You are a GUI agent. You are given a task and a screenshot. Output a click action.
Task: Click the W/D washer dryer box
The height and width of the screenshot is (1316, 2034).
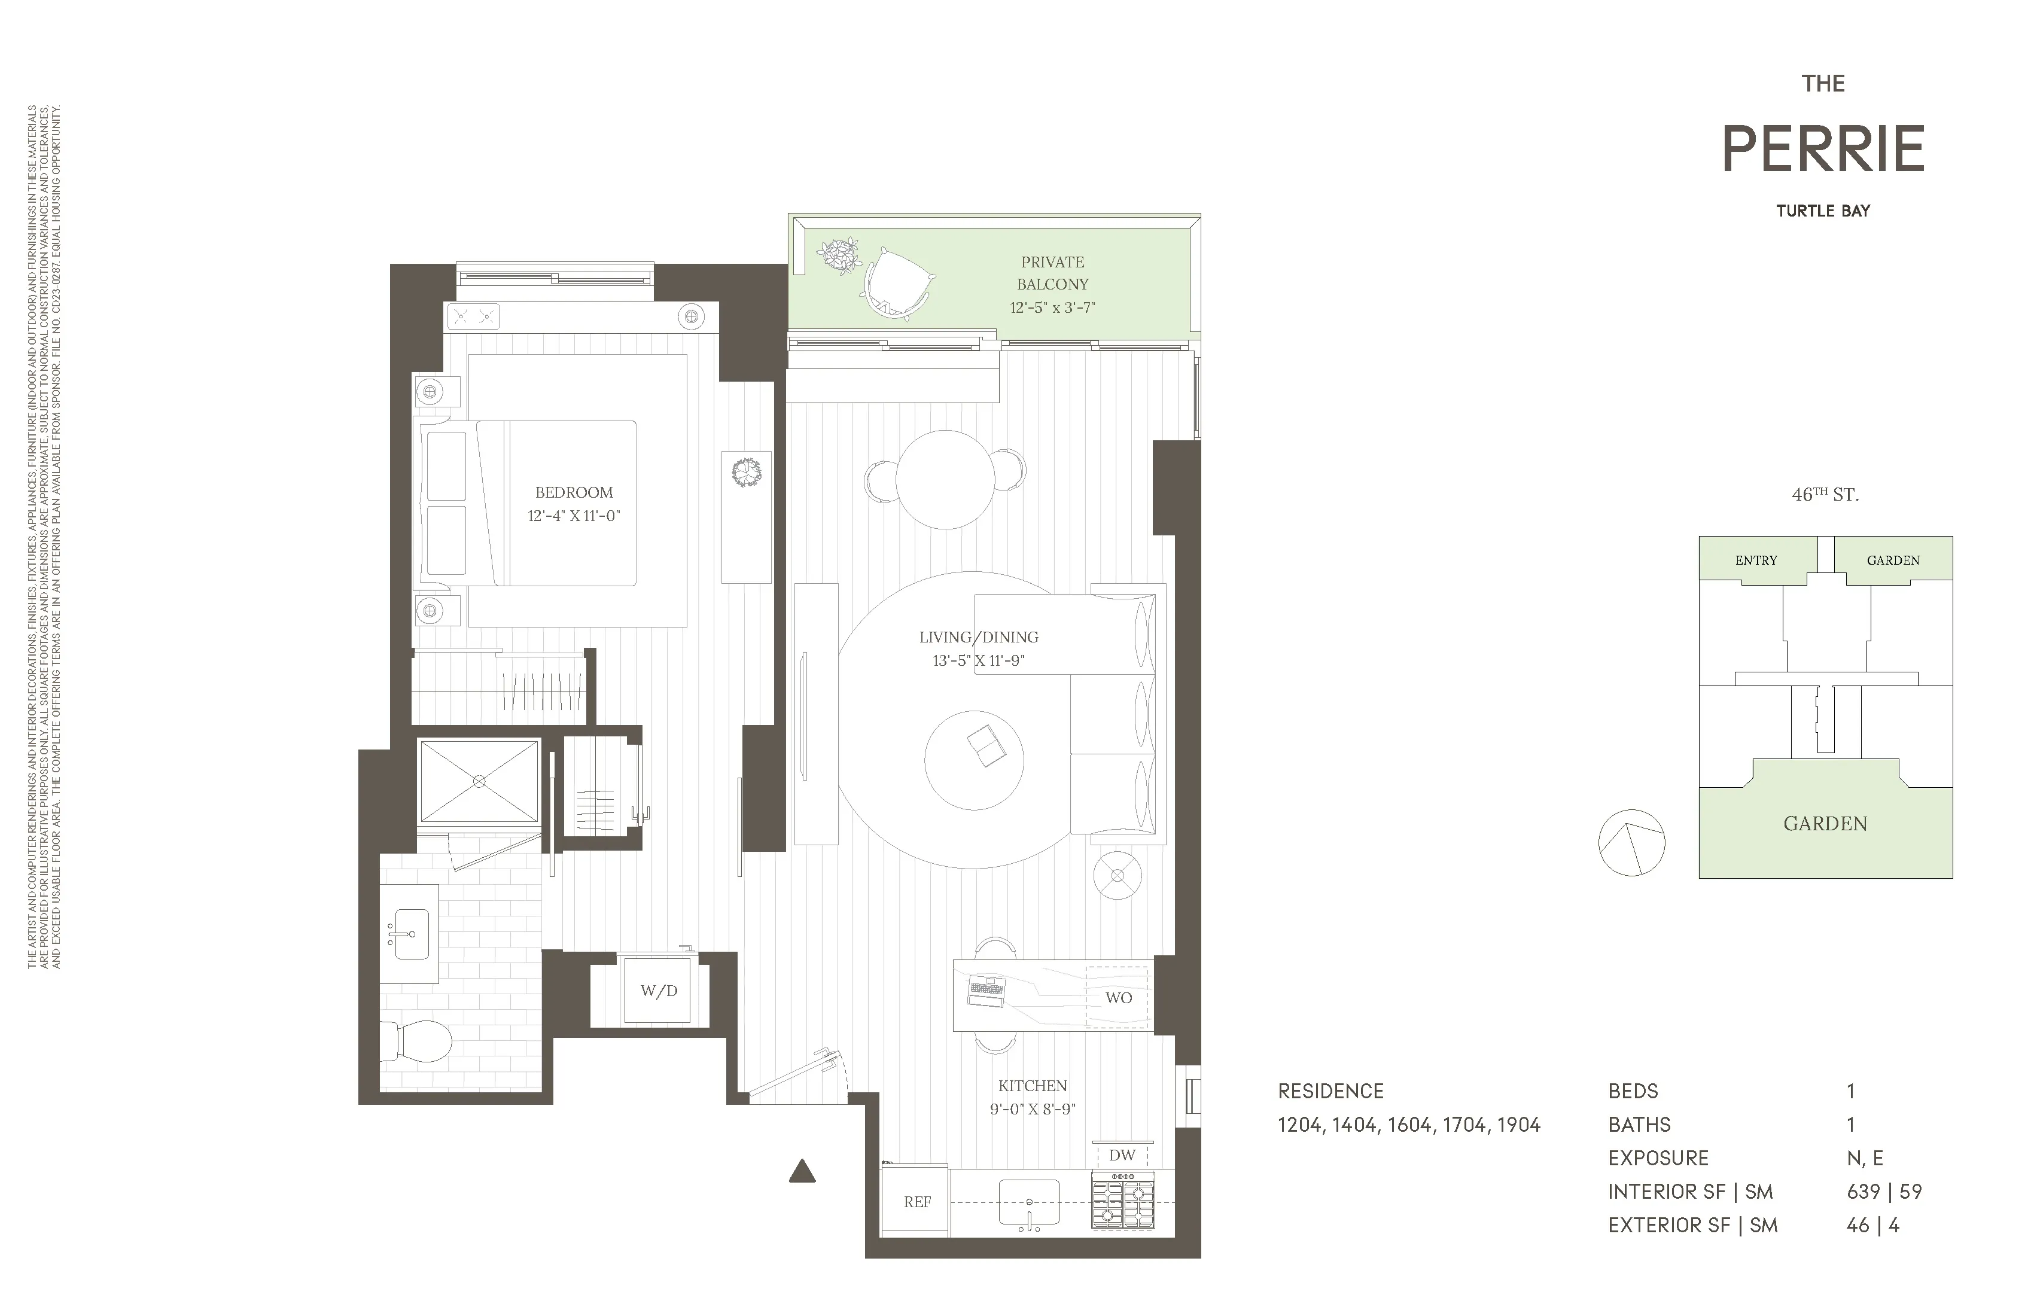pos(658,991)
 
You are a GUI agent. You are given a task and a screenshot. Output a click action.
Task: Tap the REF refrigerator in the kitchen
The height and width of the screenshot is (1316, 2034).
pos(916,1202)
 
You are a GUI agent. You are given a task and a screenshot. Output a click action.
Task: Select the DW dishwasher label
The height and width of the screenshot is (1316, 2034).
pos(1121,1155)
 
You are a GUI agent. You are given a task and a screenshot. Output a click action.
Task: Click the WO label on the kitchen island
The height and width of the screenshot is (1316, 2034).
pos(1118,997)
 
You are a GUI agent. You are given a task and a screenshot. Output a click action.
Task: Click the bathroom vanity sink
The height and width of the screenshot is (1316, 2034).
pos(410,933)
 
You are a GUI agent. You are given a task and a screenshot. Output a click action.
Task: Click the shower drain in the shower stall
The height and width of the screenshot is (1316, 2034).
pos(479,781)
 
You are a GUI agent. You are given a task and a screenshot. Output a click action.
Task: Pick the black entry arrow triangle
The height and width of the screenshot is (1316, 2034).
pos(802,1172)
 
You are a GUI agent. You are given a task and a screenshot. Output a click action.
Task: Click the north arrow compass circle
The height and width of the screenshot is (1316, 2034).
pos(1631,843)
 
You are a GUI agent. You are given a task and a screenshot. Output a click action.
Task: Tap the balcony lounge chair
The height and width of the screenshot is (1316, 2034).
pos(897,282)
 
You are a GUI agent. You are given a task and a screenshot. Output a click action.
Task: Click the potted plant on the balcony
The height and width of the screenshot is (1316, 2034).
pos(839,255)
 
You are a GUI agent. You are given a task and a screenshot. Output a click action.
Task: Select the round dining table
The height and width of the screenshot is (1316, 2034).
pos(945,479)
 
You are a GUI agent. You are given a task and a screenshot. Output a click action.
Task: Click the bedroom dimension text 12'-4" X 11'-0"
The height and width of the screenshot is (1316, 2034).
pos(574,515)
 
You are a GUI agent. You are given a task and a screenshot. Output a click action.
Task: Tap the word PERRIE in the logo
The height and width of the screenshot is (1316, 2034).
pos(1822,150)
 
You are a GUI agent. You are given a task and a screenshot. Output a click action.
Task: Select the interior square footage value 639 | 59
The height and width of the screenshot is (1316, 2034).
pos(1884,1191)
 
